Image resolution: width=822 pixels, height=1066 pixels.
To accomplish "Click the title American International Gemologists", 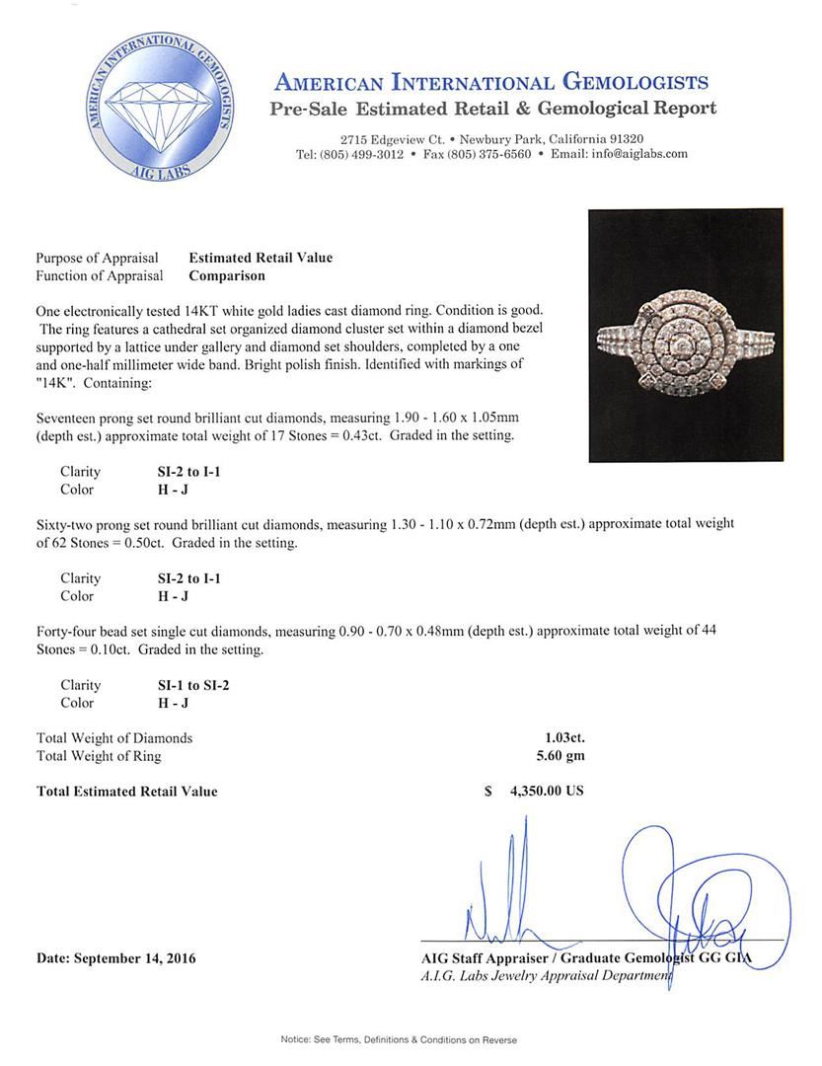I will (x=490, y=82).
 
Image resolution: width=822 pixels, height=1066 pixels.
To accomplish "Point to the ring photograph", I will (x=685, y=336).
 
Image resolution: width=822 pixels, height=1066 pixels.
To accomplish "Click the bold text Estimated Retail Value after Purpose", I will (x=261, y=259).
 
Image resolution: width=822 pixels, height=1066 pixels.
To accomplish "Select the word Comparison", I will (x=228, y=276).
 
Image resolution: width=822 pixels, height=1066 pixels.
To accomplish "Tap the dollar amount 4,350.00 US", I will (x=547, y=792).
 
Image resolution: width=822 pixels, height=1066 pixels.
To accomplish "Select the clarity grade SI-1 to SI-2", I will (x=195, y=685).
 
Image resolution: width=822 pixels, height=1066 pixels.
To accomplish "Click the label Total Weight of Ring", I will (x=99, y=756).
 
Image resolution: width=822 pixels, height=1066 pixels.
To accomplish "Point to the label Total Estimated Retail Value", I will (x=127, y=792).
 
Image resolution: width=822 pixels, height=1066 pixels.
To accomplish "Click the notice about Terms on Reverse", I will (x=399, y=1039).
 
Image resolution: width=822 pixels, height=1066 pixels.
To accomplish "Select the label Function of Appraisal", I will (x=100, y=276).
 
